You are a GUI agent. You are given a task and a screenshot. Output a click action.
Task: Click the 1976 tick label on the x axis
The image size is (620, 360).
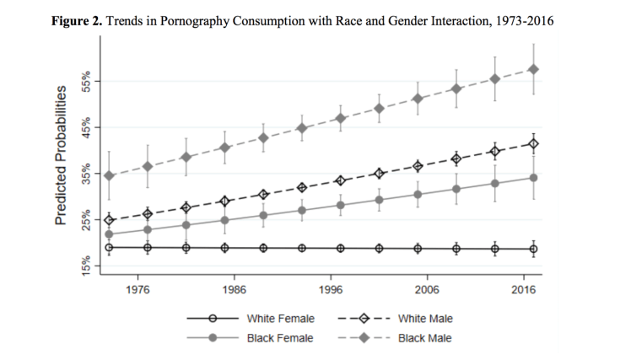[138, 289]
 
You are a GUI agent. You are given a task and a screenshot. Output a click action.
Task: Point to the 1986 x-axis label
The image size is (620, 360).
[235, 289]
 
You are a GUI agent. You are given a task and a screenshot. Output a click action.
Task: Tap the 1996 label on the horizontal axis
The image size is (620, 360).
[332, 289]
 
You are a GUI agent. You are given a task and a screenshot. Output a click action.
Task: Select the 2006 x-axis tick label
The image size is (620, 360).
[428, 289]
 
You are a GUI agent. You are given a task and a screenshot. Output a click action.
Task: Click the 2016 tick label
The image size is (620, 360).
[524, 289]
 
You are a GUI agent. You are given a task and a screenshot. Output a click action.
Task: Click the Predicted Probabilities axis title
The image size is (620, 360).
[62, 169]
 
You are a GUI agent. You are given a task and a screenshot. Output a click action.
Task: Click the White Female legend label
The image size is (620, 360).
[281, 319]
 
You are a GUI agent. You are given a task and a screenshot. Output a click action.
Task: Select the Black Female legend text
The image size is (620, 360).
[280, 338]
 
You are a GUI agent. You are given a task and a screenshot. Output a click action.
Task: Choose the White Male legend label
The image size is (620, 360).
[426, 319]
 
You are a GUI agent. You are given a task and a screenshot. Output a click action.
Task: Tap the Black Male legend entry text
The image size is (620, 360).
[424, 338]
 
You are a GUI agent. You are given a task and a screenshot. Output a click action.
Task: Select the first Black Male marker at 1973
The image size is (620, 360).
[109, 175]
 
